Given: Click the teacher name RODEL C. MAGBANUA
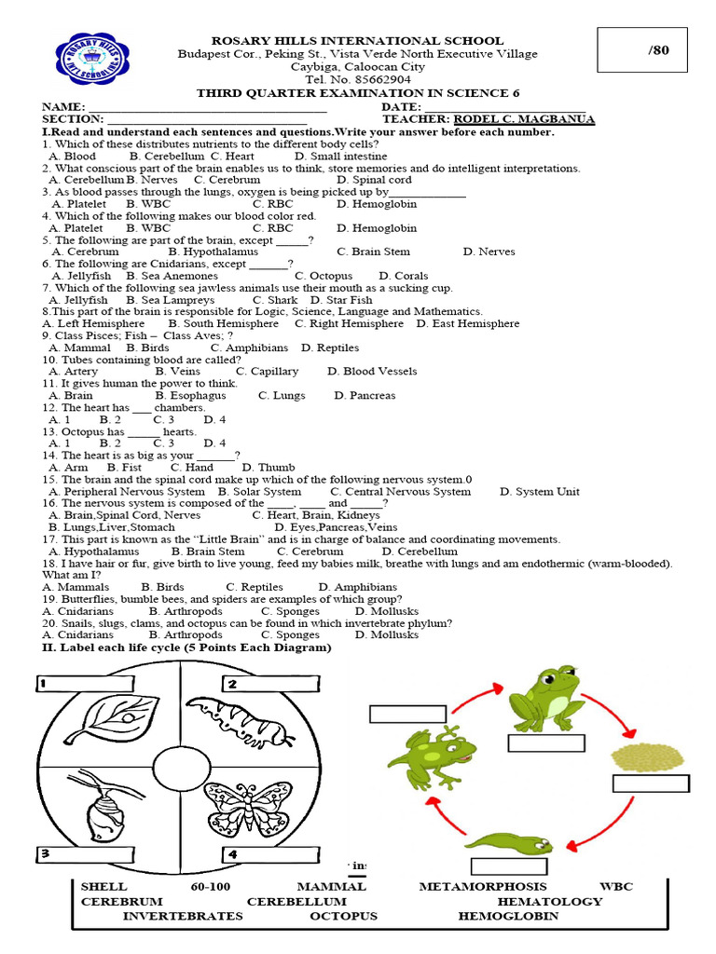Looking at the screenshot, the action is click(524, 119).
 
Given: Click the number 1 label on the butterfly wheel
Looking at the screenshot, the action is click(43, 685).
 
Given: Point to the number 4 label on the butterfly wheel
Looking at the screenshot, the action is click(231, 854).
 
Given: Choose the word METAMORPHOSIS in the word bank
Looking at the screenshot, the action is click(483, 886).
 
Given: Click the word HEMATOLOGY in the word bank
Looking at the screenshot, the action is click(550, 901).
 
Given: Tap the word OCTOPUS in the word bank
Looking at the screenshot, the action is click(344, 916).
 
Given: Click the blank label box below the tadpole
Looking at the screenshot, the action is click(508, 865).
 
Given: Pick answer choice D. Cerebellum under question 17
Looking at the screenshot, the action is click(420, 552).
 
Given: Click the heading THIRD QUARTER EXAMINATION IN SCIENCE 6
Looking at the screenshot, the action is click(358, 93).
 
